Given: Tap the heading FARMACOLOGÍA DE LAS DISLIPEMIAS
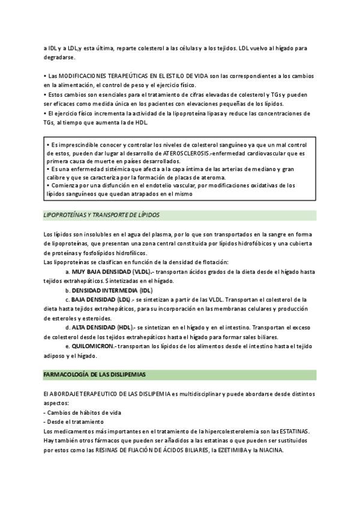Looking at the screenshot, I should point(94,374).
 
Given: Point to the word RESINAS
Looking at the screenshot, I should point(116,450).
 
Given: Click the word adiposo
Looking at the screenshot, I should point(57,355).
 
